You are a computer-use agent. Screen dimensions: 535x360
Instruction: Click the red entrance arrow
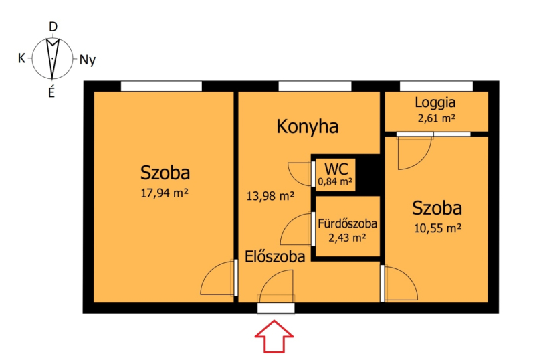[x=274, y=336]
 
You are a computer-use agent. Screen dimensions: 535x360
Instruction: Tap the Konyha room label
[x=308, y=126]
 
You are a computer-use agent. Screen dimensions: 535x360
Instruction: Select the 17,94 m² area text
[x=165, y=193]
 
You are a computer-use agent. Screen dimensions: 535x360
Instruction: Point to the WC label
[x=336, y=169]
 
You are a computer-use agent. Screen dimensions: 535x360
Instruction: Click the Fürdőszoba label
[x=347, y=223]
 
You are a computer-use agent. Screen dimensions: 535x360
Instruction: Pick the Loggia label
[x=435, y=102]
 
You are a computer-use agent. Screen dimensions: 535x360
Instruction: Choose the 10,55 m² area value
[x=437, y=228]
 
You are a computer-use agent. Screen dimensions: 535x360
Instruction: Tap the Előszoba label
[x=275, y=256]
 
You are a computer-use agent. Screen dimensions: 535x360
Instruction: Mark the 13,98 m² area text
[x=270, y=196]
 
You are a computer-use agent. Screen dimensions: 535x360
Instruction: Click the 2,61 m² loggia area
[x=437, y=118]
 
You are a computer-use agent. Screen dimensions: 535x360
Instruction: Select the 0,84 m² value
[x=335, y=181]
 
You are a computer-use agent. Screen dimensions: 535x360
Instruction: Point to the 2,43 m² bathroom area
[x=347, y=238]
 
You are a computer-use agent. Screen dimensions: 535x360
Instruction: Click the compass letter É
[x=51, y=92]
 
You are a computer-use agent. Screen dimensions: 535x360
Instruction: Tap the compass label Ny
[x=88, y=60]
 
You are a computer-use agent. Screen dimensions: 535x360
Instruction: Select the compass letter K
[x=21, y=58]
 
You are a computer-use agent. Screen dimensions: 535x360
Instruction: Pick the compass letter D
[x=53, y=27]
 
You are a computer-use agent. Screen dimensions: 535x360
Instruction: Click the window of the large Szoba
[x=161, y=86]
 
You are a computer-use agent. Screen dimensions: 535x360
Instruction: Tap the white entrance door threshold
[x=276, y=308]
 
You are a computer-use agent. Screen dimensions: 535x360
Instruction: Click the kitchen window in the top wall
[x=315, y=86]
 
